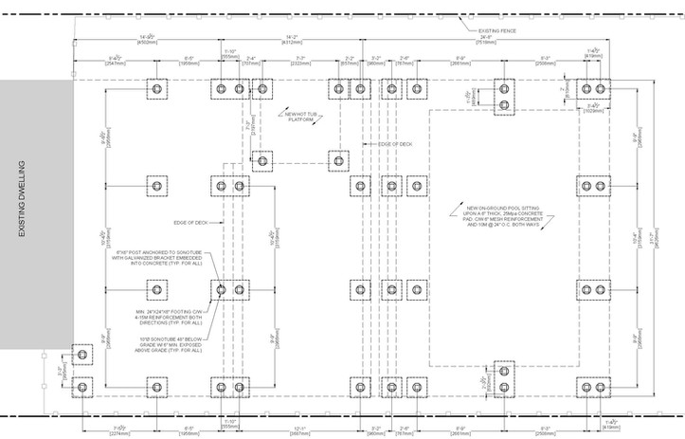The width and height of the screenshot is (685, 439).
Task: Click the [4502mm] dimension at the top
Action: (147, 42)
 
